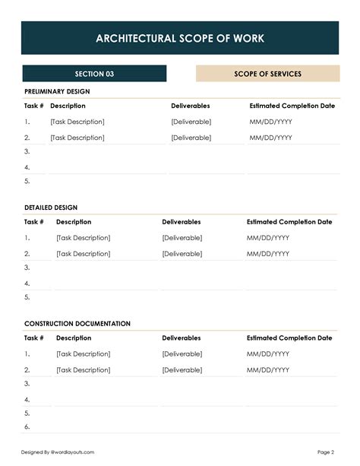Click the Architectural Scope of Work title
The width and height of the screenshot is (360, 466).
(180, 38)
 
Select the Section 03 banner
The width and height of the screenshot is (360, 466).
(94, 74)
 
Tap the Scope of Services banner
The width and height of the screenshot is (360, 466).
(267, 74)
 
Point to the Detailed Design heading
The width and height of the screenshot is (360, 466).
(51, 207)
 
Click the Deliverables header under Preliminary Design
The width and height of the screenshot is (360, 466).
(191, 106)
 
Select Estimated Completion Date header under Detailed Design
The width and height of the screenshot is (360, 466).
(289, 222)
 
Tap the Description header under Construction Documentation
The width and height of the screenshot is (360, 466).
(74, 338)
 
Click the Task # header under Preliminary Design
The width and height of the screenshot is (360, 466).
(34, 106)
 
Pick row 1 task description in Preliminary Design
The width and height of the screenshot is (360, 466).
(77, 122)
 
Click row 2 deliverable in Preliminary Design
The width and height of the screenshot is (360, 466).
(191, 138)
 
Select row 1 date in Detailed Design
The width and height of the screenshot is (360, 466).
(268, 238)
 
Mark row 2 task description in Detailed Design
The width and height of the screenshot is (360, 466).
(84, 254)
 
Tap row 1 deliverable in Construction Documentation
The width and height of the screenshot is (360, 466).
(182, 353)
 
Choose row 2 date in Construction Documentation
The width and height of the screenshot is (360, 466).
(268, 369)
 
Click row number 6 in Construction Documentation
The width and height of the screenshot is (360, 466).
(27, 427)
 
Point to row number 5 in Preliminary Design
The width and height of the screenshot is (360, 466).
(27, 181)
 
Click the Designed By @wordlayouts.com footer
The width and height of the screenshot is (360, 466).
(58, 452)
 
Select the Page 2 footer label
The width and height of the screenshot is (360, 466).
(326, 452)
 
